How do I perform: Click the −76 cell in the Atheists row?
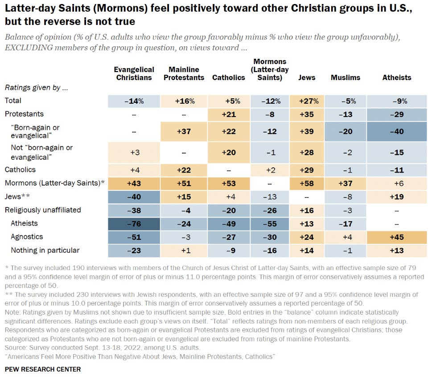(x=134, y=223)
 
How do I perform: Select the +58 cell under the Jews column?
(x=307, y=183)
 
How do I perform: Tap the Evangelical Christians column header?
(x=134, y=73)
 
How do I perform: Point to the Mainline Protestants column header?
(x=186, y=73)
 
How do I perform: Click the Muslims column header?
(x=345, y=77)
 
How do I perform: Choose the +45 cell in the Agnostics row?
(x=397, y=237)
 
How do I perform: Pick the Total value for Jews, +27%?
(x=307, y=101)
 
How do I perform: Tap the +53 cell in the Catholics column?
(x=228, y=183)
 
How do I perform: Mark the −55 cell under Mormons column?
(x=271, y=223)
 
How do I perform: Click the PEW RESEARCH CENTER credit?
(x=43, y=369)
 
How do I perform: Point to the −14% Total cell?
(x=134, y=101)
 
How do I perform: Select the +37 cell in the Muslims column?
(x=345, y=183)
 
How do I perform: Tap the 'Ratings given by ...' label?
(x=36, y=88)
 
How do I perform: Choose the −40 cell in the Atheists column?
(x=397, y=131)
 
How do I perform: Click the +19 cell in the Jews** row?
(x=397, y=196)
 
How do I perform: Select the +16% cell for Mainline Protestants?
(x=186, y=101)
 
